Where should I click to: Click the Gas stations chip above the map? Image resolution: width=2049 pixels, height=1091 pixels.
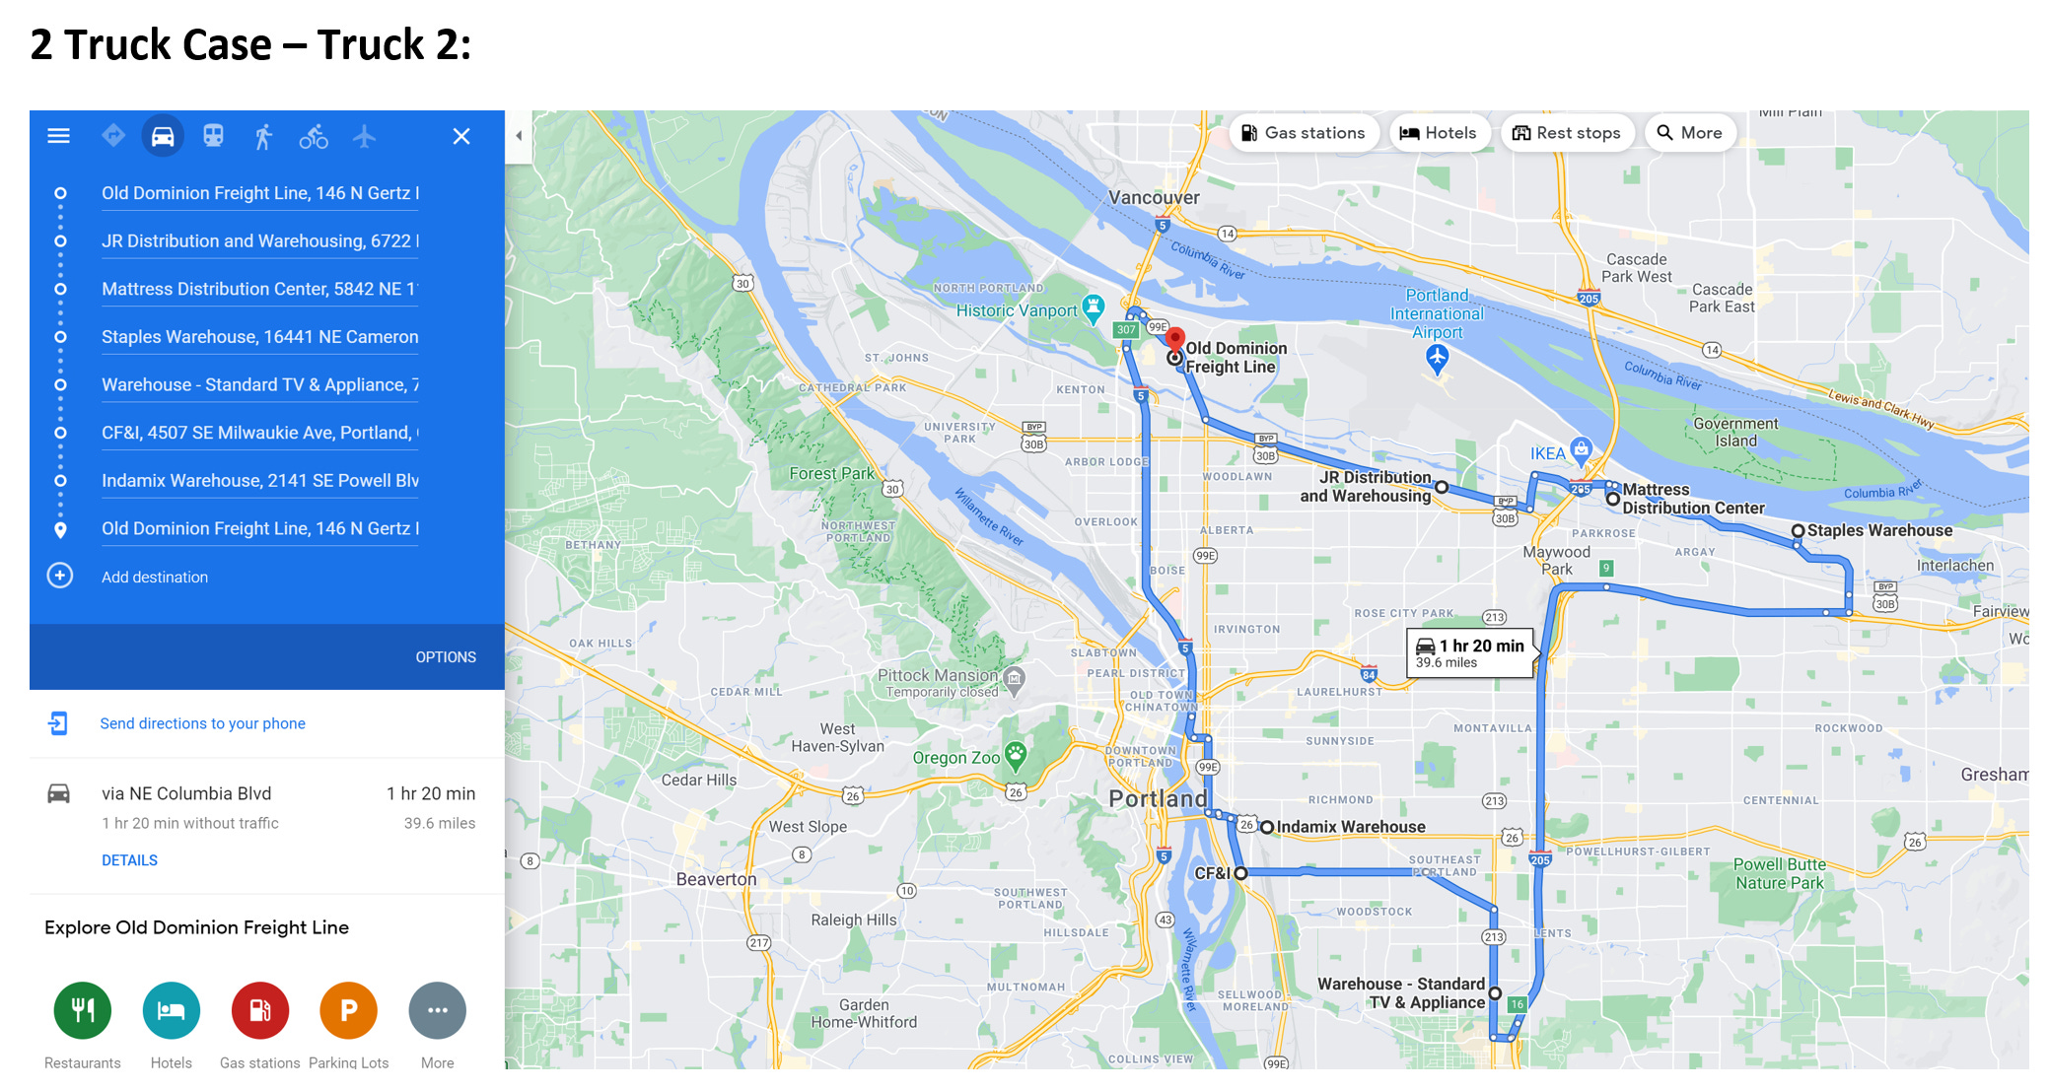(1303, 133)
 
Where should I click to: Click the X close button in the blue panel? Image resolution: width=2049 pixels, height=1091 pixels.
(460, 137)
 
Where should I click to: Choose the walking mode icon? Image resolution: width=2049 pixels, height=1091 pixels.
(262, 137)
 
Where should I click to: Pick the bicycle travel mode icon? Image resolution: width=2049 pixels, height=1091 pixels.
(314, 137)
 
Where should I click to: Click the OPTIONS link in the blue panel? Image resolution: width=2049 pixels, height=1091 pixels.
(446, 657)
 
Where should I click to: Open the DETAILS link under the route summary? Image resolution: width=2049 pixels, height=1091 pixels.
(129, 860)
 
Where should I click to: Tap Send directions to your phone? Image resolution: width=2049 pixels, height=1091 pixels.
(202, 723)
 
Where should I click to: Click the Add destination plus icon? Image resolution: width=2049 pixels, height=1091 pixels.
(60, 576)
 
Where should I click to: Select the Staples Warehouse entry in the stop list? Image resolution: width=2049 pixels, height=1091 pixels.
(259, 337)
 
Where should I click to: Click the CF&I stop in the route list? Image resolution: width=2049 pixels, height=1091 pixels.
(259, 433)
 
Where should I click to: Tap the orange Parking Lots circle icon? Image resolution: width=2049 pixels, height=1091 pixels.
(348, 1010)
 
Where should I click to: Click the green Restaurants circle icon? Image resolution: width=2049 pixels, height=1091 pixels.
(83, 1010)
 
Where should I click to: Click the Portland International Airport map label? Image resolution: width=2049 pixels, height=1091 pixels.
(1437, 313)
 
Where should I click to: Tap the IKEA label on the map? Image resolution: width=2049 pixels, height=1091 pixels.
(1547, 453)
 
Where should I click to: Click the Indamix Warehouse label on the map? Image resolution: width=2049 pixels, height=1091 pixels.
(1350, 827)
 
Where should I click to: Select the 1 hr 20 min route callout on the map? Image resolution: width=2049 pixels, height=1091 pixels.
(1470, 652)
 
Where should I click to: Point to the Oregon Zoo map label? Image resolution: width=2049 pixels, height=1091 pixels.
(955, 758)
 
